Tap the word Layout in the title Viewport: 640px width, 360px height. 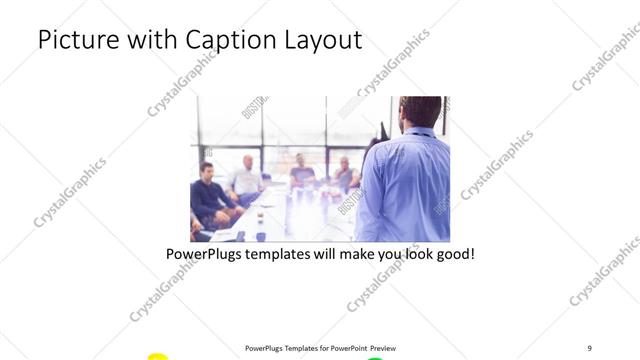tap(320, 40)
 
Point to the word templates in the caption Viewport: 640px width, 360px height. tap(290, 254)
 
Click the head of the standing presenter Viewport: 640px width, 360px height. tap(418, 112)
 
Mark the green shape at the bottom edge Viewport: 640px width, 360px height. tap(375, 357)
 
